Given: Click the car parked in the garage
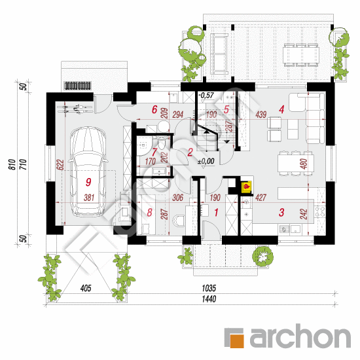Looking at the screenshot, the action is [x=88, y=171].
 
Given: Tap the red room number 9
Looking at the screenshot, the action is [x=88, y=182].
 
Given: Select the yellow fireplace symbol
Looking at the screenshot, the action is [x=246, y=187].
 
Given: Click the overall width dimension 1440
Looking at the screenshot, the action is [x=209, y=299].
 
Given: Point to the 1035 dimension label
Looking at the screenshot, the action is [x=209, y=288].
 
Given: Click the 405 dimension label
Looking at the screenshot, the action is [x=86, y=288].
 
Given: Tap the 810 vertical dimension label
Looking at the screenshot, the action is [x=12, y=164].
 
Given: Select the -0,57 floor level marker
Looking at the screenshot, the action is [x=206, y=95].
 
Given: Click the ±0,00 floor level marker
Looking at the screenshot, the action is [x=206, y=161].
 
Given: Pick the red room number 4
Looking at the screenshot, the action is [x=281, y=109].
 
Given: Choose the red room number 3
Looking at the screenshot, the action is [x=281, y=212].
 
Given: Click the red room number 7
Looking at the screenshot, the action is [x=154, y=153].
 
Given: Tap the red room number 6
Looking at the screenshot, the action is [x=154, y=109].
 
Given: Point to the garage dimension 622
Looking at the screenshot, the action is [x=60, y=164].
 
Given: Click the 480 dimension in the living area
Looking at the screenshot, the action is [x=304, y=164].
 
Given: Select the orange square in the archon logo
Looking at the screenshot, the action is [x=237, y=341].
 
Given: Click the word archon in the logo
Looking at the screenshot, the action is [x=300, y=336].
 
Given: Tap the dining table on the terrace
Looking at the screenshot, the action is [x=301, y=55].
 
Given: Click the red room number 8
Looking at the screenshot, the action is [x=149, y=212].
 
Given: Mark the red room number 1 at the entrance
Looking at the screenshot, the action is [x=216, y=212].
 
